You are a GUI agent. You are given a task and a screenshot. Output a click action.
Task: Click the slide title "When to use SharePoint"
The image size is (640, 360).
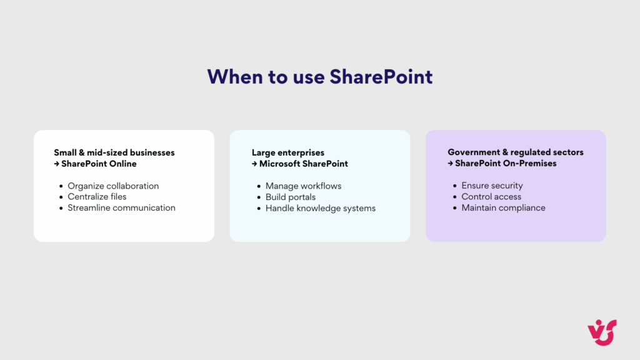coord(320,76)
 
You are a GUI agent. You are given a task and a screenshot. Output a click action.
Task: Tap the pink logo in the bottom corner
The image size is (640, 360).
coord(601,331)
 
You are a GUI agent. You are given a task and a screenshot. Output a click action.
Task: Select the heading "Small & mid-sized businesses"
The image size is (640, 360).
coord(114,152)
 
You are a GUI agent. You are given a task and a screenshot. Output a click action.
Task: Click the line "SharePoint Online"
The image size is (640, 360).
coord(99,164)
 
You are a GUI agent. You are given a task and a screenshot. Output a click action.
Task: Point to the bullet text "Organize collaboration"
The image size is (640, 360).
coord(113,186)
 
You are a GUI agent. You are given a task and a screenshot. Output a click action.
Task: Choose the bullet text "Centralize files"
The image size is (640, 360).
coord(97,197)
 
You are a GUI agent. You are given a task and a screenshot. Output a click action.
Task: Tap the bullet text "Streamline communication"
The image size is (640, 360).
coord(121,207)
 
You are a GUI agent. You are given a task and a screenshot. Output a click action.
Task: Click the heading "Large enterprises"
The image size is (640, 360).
coord(288,152)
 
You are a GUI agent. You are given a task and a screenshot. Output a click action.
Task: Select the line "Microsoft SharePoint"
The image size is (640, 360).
coord(304,164)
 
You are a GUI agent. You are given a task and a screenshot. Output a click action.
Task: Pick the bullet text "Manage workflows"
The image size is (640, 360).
coord(303,186)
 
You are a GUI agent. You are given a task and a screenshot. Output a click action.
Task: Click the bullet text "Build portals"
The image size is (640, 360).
coord(291,197)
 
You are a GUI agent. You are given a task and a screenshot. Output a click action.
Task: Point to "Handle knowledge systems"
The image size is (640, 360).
coord(321,208)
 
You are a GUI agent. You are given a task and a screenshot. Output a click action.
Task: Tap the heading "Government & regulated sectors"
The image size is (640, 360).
coord(516,152)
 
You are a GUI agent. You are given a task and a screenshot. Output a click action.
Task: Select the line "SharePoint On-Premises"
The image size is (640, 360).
coord(506,164)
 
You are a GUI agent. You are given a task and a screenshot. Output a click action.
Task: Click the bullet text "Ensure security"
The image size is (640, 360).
coord(492,186)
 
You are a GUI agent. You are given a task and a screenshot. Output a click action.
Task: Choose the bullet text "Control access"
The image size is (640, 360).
coord(491,197)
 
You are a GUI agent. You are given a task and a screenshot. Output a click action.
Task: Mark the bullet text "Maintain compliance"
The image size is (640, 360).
coord(503,208)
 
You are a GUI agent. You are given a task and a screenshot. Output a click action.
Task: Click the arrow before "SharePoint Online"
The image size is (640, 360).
coord(56,164)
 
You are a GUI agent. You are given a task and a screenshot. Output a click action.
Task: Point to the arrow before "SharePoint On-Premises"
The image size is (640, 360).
coord(450,164)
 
